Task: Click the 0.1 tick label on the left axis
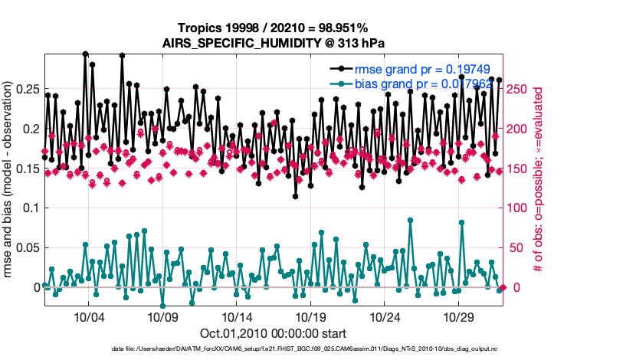tap(31, 208)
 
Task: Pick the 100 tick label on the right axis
tap(518, 208)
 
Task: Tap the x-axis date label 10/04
tap(88, 317)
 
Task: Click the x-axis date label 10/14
tap(237, 317)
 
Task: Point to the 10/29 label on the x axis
tap(459, 317)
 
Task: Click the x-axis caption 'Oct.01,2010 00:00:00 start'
tap(274, 333)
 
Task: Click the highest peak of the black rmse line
tap(85, 54)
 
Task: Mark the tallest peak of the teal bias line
tap(411, 220)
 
